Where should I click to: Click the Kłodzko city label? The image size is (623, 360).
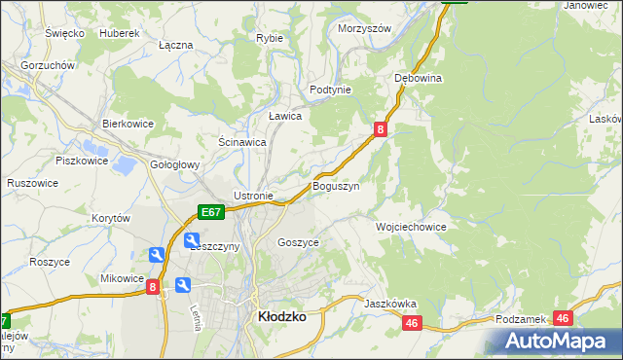[x=281, y=316]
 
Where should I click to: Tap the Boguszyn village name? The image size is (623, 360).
[x=336, y=186]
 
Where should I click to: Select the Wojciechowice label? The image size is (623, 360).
[x=411, y=226]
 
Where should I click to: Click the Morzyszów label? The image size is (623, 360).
[x=364, y=28]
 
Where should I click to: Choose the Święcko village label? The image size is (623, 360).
[x=63, y=33]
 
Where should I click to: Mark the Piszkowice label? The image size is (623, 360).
[x=80, y=160]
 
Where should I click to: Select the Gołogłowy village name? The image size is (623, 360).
[x=175, y=165]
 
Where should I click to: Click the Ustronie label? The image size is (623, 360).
[x=253, y=196]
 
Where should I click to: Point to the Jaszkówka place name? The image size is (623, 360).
[x=390, y=304]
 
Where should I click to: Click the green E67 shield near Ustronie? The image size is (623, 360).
[x=211, y=211]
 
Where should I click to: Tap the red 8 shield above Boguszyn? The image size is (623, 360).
[x=381, y=127]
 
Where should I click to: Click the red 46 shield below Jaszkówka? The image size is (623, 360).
[x=413, y=323]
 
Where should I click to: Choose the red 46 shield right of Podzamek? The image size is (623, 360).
[x=563, y=318]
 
